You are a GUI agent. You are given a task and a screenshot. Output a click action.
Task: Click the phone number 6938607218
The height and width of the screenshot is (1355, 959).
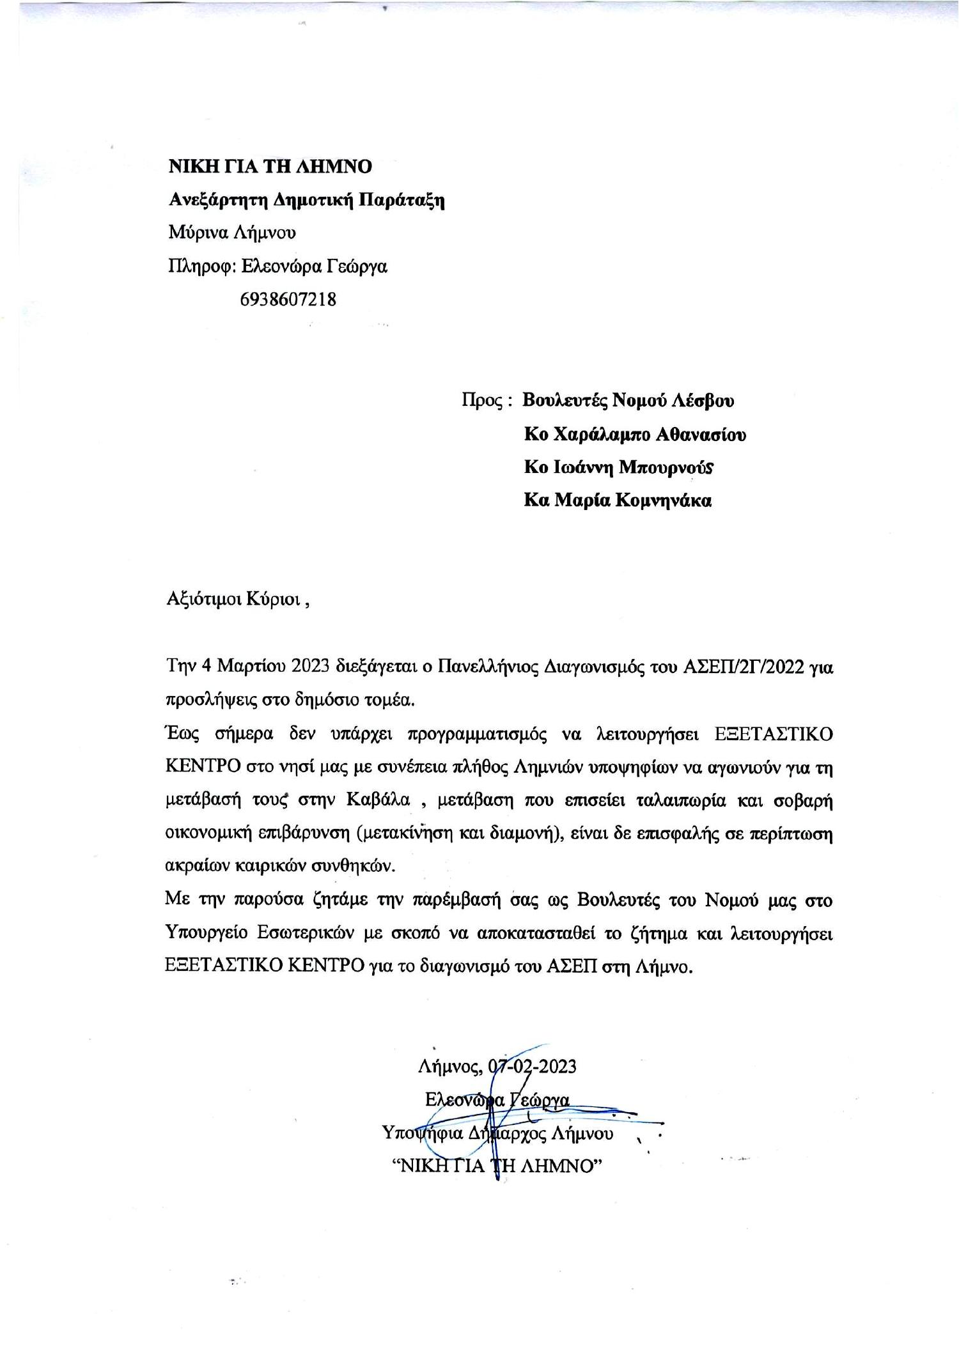[288, 299]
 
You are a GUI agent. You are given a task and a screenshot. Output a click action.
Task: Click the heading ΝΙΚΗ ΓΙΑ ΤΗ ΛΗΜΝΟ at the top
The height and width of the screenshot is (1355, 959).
[270, 167]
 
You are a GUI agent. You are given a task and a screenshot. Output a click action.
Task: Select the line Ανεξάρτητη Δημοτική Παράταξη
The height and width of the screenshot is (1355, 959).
[306, 200]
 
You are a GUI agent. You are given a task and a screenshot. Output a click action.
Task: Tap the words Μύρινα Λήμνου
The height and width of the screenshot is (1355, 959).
[232, 233]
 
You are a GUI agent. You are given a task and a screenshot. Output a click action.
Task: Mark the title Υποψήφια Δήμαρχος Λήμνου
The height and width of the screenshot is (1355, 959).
[498, 1134]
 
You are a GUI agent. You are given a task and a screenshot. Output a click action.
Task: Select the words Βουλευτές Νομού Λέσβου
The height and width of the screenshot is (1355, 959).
[628, 401]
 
